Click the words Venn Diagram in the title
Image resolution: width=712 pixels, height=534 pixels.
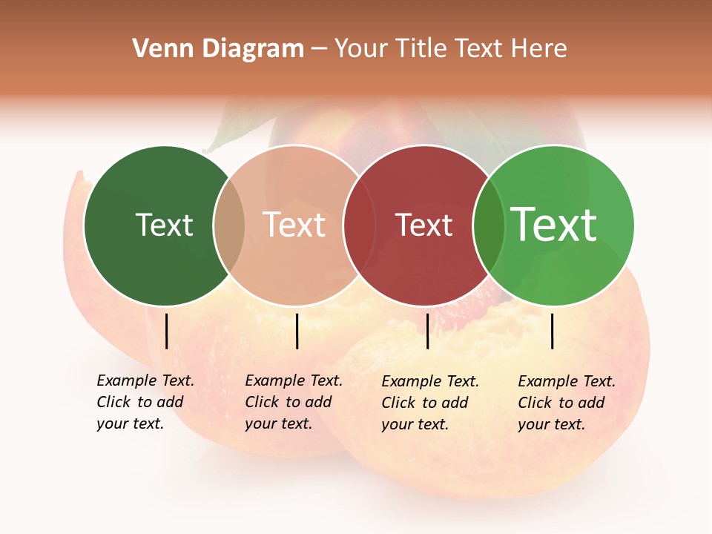pyautogui.click(x=218, y=49)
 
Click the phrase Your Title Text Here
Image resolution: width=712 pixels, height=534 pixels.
pyautogui.click(x=450, y=49)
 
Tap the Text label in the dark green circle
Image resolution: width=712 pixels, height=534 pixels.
pyautogui.click(x=164, y=225)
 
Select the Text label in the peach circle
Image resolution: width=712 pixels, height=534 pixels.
pyautogui.click(x=294, y=225)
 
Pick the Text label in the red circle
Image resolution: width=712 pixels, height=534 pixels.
pyautogui.click(x=423, y=225)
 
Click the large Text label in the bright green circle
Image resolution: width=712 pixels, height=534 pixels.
pyautogui.click(x=554, y=224)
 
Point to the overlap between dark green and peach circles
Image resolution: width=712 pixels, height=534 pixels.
pyautogui.click(x=229, y=225)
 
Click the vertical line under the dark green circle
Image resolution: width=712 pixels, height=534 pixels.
pyautogui.click(x=167, y=331)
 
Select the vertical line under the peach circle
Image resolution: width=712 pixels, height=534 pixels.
pyautogui.click(x=297, y=331)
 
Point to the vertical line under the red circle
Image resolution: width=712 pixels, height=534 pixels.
pyautogui.click(x=427, y=331)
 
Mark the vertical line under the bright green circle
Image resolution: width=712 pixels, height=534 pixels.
pyautogui.click(x=552, y=331)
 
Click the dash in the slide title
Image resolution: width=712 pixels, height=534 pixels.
pyautogui.click(x=319, y=49)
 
